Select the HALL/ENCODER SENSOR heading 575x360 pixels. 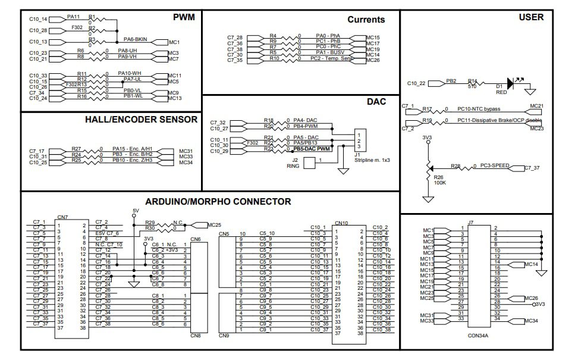[141, 120]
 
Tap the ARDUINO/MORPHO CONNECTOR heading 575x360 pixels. [218, 201]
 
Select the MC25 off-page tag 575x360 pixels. [213, 225]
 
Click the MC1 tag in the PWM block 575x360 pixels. [174, 42]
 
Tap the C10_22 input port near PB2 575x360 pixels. [417, 83]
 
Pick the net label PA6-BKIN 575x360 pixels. [135, 39]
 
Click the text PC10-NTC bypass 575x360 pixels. [479, 109]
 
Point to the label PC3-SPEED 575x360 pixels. [495, 165]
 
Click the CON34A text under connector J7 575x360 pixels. [478, 335]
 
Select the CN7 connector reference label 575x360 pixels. [62, 217]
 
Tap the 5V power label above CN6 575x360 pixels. [135, 211]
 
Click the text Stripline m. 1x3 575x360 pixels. [373, 161]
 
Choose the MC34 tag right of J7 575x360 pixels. [533, 321]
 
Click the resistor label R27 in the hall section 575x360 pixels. [76, 149]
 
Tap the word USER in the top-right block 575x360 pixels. [530, 17]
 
